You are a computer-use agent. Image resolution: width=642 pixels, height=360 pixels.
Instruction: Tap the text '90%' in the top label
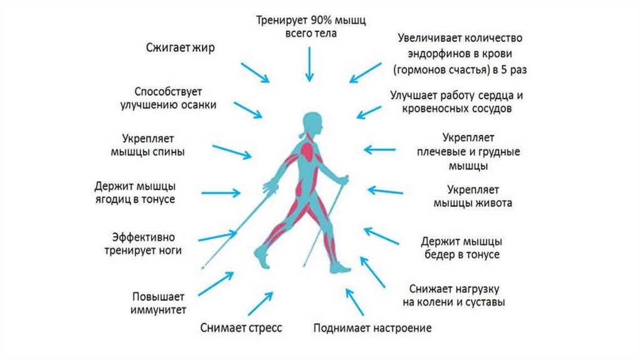(316, 20)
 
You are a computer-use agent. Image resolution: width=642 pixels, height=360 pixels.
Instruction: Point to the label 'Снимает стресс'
(241, 327)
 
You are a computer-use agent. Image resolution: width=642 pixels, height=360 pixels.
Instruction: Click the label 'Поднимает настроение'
(372, 328)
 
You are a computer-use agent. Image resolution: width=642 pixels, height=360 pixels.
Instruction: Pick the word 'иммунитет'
(159, 310)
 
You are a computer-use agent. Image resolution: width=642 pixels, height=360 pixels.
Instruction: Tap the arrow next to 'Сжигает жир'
(255, 73)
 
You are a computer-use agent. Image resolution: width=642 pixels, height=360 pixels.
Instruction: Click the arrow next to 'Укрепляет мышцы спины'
(231, 152)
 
